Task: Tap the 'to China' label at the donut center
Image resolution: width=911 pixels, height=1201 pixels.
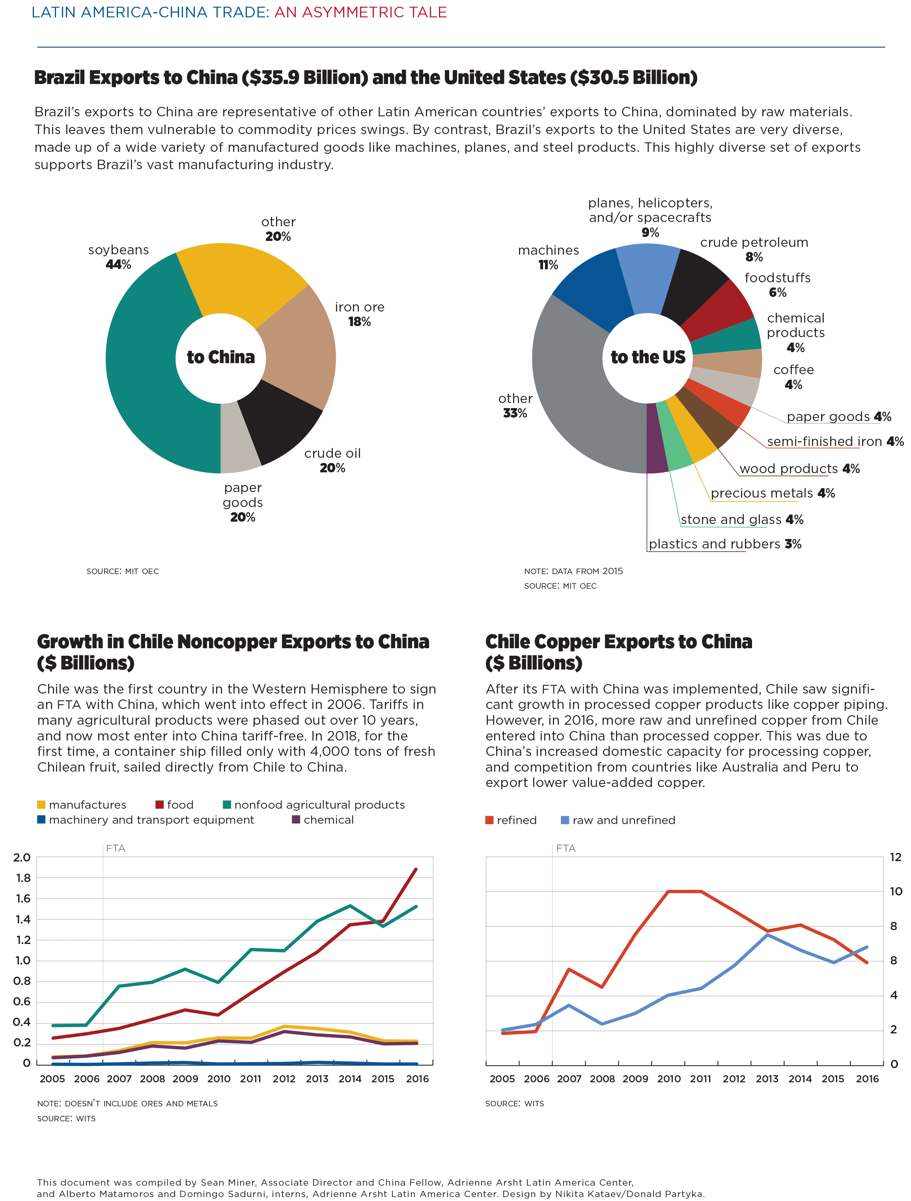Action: click(x=221, y=357)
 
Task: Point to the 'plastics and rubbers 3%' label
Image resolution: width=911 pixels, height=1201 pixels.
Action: click(x=725, y=544)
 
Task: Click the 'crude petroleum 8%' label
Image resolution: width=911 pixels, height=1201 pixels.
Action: click(x=754, y=249)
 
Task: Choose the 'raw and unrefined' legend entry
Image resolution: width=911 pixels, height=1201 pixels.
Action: click(x=618, y=820)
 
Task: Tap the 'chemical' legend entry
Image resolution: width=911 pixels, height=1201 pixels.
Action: click(x=323, y=820)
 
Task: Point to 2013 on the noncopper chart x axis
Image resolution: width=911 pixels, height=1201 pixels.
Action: click(x=317, y=1079)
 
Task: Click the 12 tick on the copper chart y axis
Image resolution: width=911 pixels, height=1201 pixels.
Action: click(x=896, y=857)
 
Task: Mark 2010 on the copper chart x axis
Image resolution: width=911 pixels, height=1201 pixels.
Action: click(x=669, y=1079)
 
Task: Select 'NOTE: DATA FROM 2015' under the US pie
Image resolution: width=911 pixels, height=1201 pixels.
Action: click(x=573, y=571)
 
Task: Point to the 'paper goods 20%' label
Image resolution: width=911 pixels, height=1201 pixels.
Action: click(x=243, y=502)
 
